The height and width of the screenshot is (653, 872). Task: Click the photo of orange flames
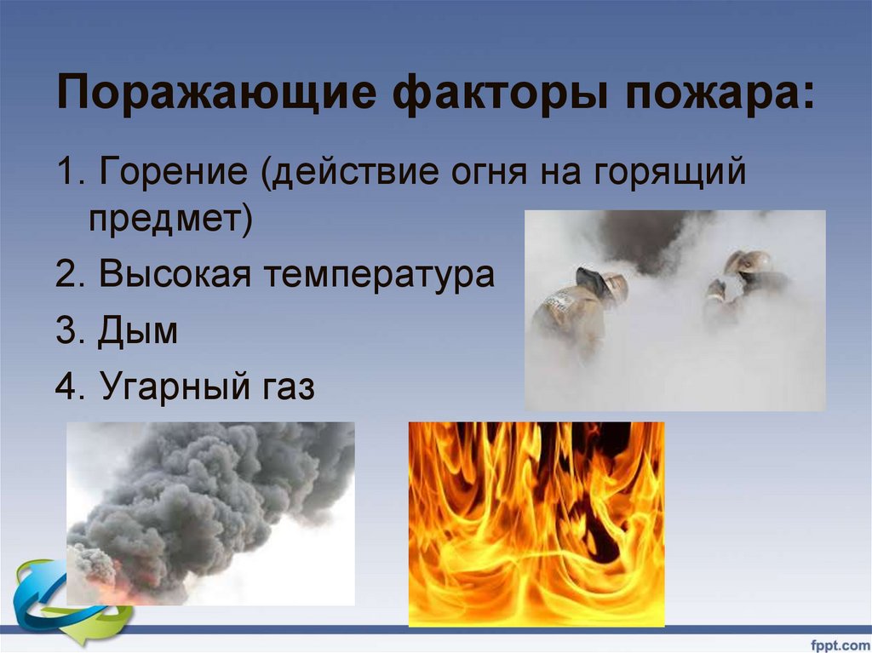tap(536, 524)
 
